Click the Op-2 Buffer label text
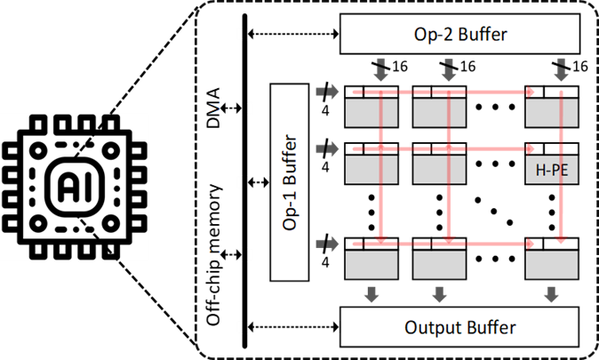pos(459,36)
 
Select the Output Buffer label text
pos(459,327)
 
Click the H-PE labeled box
pos(552,169)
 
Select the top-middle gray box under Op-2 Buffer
pos(440,112)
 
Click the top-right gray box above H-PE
pos(552,112)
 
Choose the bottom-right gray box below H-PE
pos(552,264)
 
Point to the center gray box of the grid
pos(440,169)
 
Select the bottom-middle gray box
pos(440,264)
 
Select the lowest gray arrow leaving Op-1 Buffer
pos(332,243)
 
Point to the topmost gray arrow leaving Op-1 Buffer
pos(332,91)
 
